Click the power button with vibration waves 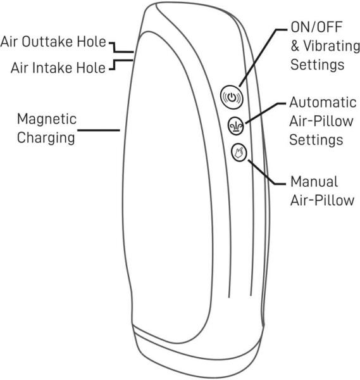coord(232,97)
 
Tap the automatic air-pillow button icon coord(236,126)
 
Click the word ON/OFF coord(316,27)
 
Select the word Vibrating coord(332,46)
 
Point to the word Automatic coord(323,103)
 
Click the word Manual coord(314,182)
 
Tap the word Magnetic coord(47,119)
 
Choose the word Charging coord(46,138)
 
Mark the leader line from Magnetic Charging coord(99,130)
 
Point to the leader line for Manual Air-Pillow coord(266,174)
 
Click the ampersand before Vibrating coord(295,46)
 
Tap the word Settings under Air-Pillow coord(316,140)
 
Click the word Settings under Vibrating coord(317,65)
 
